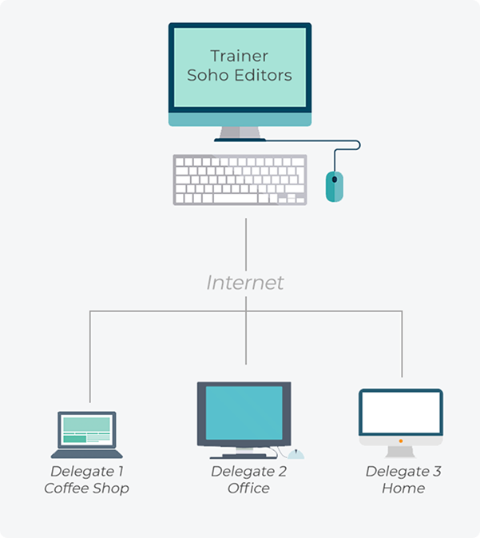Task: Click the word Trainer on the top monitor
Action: pyautogui.click(x=239, y=57)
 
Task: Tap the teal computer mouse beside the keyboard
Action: pyautogui.click(x=335, y=186)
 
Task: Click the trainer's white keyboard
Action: pyautogui.click(x=240, y=180)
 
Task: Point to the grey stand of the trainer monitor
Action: pyautogui.click(x=240, y=133)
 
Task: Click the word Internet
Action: pyautogui.click(x=245, y=283)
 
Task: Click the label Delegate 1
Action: pyautogui.click(x=87, y=471)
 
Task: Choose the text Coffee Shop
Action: pyautogui.click(x=87, y=488)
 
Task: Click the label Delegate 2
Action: pyautogui.click(x=248, y=471)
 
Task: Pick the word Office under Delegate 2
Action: pyautogui.click(x=248, y=488)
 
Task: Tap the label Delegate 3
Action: pyautogui.click(x=403, y=471)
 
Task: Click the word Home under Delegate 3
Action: pyautogui.click(x=403, y=488)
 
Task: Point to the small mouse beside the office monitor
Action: pyautogui.click(x=297, y=454)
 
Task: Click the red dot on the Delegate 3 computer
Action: pyautogui.click(x=400, y=440)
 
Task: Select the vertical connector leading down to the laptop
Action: pyautogui.click(x=89, y=359)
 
